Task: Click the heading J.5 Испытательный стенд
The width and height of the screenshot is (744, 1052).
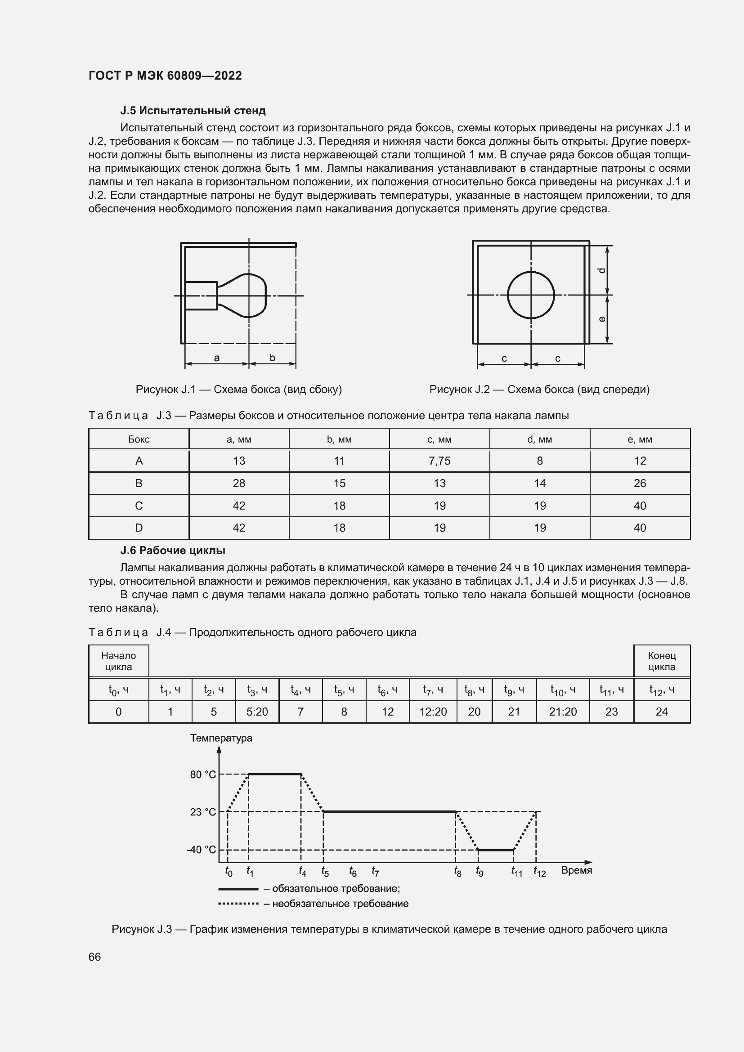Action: (193, 111)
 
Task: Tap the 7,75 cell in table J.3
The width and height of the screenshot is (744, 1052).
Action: (439, 461)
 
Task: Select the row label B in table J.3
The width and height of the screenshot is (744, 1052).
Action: (139, 483)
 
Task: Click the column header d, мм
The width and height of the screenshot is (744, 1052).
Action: (539, 439)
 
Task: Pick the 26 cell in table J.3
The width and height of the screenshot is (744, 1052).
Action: (640, 483)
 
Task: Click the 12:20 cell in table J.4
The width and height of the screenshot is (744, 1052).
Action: (433, 712)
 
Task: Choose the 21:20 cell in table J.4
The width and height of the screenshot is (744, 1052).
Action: (563, 712)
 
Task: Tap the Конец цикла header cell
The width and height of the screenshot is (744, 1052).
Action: (662, 661)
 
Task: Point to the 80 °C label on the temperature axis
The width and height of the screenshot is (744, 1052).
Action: (202, 774)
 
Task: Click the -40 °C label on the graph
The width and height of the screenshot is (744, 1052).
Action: (201, 850)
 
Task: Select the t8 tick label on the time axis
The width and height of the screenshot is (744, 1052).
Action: (457, 871)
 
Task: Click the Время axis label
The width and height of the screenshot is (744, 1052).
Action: (576, 870)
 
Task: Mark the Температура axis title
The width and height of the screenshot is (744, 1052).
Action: (221, 738)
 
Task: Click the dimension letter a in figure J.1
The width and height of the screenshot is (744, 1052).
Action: (217, 358)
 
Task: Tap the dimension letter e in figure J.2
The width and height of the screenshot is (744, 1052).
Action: (602, 319)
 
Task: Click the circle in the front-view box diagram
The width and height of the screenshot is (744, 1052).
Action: (531, 295)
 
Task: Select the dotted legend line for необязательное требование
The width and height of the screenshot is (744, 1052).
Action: (238, 904)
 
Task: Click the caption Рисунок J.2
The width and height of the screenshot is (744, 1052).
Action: (539, 389)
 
